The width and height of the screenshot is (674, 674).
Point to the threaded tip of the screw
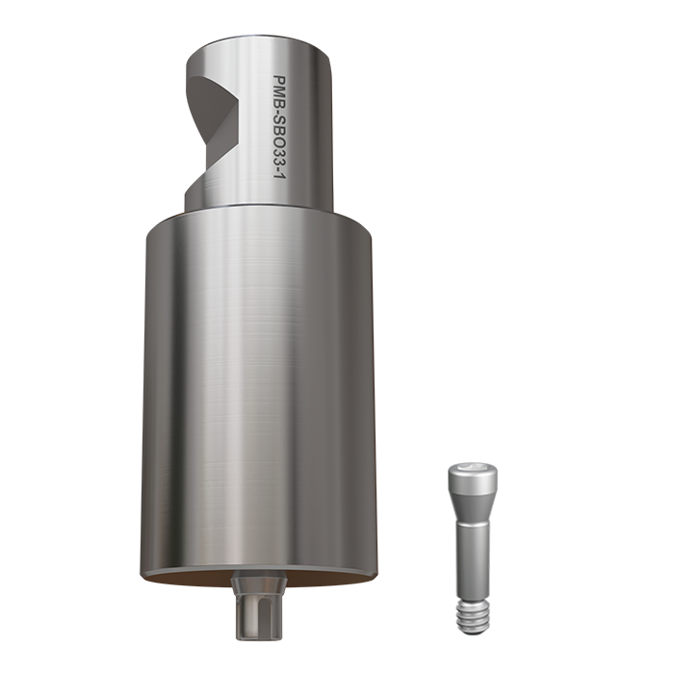pos(471,616)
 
